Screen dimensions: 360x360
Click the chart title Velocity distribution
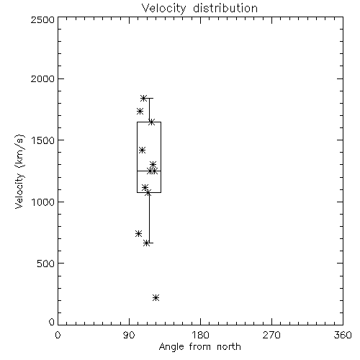tap(199, 8)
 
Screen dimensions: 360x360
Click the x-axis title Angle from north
tap(199, 347)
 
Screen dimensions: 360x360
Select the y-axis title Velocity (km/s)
tap(19, 171)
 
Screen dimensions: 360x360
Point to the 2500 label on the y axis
tap(42, 19)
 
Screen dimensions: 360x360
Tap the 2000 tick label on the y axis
tap(42, 78)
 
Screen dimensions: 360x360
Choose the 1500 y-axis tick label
tap(43, 140)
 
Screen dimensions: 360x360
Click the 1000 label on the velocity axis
tap(43, 202)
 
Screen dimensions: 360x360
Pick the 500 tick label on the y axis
tap(46, 264)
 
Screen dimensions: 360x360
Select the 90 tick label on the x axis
tap(129, 335)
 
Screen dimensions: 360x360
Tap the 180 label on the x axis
tap(200, 335)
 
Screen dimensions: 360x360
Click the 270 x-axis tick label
tap(271, 335)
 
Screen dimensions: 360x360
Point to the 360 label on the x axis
tap(343, 335)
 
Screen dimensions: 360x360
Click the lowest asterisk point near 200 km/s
tap(156, 298)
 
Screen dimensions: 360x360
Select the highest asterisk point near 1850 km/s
tap(143, 98)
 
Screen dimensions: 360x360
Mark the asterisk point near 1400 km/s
tap(142, 150)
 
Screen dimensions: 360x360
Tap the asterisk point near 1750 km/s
tap(140, 112)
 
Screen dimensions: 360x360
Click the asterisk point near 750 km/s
tap(138, 233)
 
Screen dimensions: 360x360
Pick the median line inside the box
tap(149, 171)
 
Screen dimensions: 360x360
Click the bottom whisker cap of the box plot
tap(149, 243)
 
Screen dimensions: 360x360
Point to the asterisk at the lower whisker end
tap(146, 243)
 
